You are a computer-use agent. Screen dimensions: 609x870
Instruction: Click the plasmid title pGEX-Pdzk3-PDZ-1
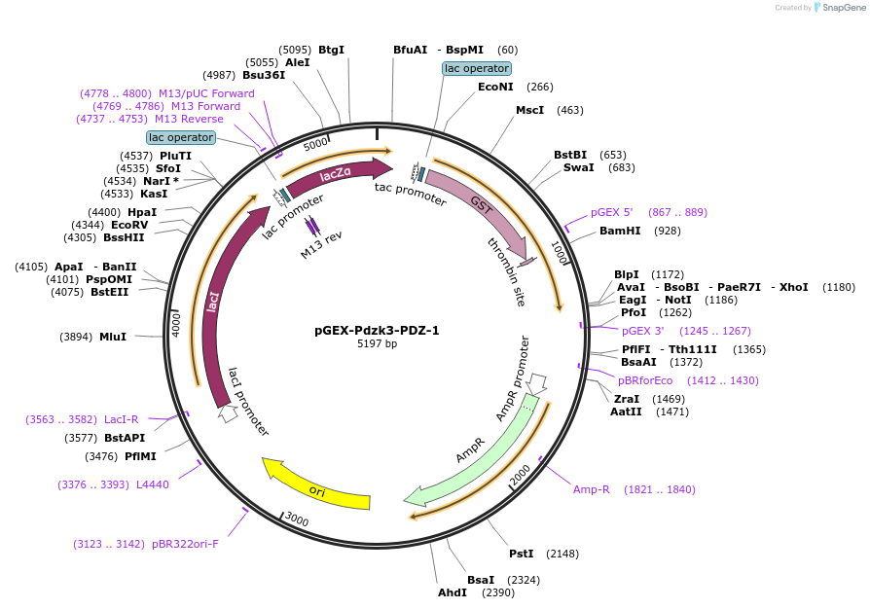(x=377, y=330)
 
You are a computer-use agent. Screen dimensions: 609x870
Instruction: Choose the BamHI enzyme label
(x=620, y=231)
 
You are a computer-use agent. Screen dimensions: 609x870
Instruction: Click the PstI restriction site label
(x=522, y=554)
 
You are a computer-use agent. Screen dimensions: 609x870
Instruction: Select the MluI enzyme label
(x=113, y=337)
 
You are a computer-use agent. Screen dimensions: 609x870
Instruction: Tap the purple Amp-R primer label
(x=591, y=489)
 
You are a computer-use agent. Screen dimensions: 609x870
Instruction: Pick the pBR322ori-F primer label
(x=185, y=544)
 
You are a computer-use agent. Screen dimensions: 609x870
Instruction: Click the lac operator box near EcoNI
(x=476, y=68)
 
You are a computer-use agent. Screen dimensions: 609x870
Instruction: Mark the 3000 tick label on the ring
(x=296, y=522)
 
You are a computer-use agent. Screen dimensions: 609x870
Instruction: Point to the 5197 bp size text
(x=377, y=344)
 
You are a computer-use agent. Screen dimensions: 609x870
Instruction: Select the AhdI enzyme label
(x=453, y=592)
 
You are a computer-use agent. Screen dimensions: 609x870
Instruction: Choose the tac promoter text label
(x=411, y=194)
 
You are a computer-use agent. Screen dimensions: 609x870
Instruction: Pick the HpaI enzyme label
(x=142, y=212)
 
